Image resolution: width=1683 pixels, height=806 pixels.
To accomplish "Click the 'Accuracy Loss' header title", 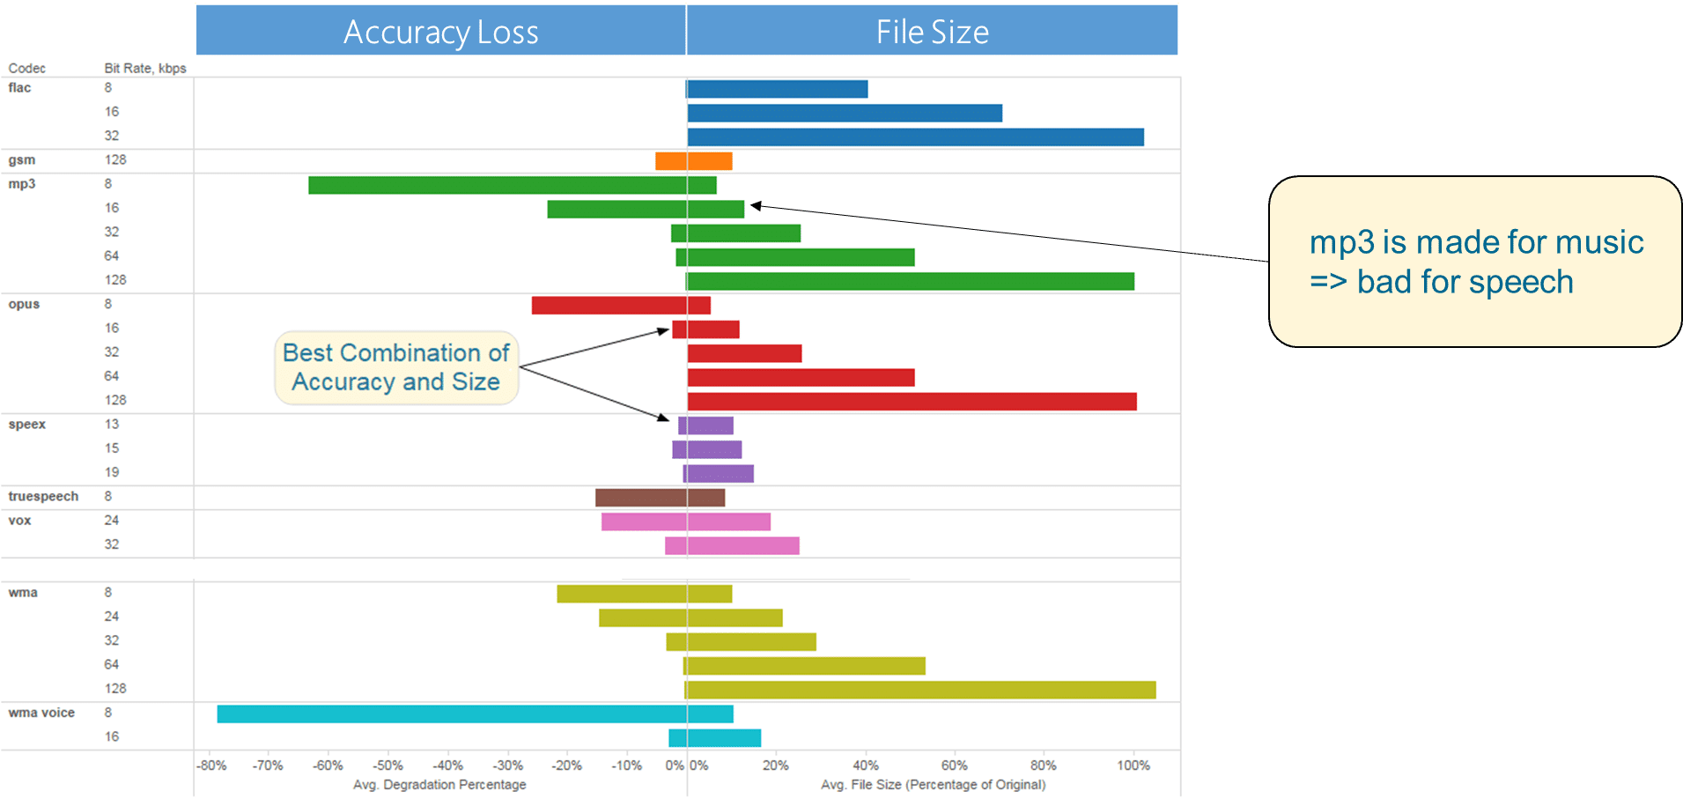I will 440,33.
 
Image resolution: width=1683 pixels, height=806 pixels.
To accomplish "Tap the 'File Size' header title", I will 932,33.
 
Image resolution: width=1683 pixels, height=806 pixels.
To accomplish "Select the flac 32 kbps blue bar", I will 915,137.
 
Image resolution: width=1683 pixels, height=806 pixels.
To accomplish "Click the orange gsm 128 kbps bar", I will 694,161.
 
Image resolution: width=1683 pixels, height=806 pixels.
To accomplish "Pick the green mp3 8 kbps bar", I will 512,185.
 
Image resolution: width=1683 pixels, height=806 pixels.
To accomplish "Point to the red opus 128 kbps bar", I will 912,402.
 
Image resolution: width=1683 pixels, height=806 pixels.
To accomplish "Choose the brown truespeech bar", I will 660,498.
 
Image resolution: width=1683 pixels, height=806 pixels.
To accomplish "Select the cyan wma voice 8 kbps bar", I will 475,714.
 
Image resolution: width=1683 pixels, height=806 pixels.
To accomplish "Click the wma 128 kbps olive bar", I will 919,690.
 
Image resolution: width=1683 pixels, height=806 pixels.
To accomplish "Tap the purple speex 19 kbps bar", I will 719,474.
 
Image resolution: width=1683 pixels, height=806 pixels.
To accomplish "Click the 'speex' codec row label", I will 27,425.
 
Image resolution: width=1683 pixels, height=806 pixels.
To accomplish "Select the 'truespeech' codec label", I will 43,497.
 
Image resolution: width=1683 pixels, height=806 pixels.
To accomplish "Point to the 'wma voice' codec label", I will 41,713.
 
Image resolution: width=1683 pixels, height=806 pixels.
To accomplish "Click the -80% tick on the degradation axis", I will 211,765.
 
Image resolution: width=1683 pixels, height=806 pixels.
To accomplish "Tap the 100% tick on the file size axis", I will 1133,765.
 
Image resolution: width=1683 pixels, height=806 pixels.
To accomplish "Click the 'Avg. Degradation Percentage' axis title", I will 439,785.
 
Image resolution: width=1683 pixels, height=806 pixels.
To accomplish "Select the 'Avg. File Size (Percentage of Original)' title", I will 933,785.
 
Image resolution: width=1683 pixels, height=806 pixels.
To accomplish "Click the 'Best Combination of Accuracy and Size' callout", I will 396,367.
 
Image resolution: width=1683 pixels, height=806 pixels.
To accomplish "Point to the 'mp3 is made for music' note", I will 1475,262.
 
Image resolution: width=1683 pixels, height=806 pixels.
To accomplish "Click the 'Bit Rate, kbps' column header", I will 145,69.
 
